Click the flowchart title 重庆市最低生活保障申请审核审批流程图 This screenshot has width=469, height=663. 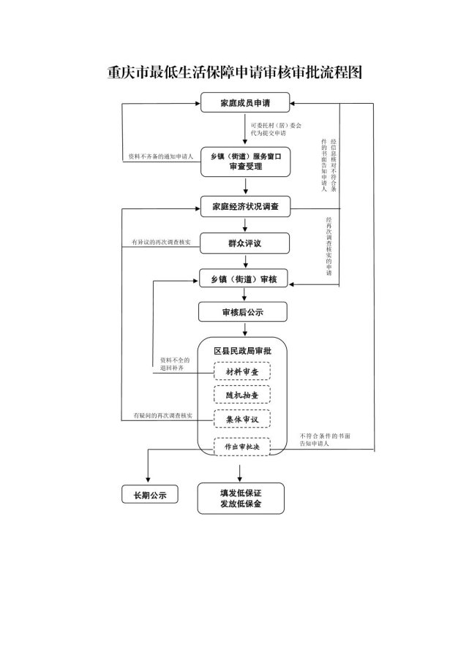pos(234,73)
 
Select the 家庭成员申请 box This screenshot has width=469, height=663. pos(245,104)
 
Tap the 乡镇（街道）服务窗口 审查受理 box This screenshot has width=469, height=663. pos(245,162)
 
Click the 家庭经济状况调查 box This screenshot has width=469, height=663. pos(245,207)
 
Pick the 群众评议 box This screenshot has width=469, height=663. pos(245,242)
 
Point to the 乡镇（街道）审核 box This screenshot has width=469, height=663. pos(245,279)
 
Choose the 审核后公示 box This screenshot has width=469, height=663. pos(242,312)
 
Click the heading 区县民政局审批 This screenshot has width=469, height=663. pos(242,351)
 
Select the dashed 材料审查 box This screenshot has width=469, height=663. pos(242,371)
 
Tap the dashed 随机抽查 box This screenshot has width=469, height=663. pos(242,395)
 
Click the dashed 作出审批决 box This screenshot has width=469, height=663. pos(242,445)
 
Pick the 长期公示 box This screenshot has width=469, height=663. pos(150,495)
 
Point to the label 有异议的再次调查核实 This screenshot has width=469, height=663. pos(161,242)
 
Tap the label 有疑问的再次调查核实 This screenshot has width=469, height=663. pos(162,415)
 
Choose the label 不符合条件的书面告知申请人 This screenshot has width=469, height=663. pos(325,439)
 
